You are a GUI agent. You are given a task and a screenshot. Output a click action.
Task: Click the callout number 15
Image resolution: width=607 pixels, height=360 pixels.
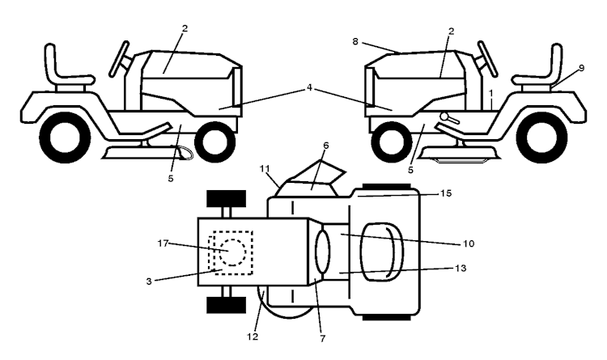(446, 193)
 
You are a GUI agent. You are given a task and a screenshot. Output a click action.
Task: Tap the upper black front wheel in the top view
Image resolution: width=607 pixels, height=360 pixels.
(225, 199)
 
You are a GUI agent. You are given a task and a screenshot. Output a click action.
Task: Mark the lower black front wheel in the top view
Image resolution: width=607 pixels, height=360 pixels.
(225, 304)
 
